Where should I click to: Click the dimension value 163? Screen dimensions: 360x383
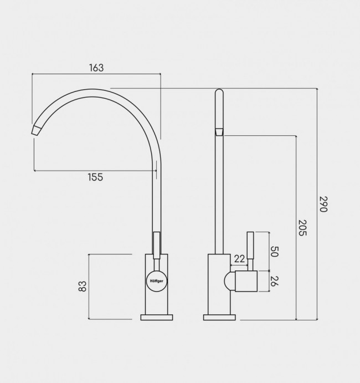(96, 68)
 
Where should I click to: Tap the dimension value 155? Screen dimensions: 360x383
(95, 177)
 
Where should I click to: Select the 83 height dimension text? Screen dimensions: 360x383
(83, 286)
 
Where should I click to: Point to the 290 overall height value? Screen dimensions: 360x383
(323, 204)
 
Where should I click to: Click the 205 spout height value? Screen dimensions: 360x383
(302, 228)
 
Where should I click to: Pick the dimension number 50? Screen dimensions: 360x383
(274, 252)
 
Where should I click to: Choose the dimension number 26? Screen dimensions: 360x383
(274, 281)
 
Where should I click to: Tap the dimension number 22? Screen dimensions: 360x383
(239, 259)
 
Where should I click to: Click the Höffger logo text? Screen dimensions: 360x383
(157, 281)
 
